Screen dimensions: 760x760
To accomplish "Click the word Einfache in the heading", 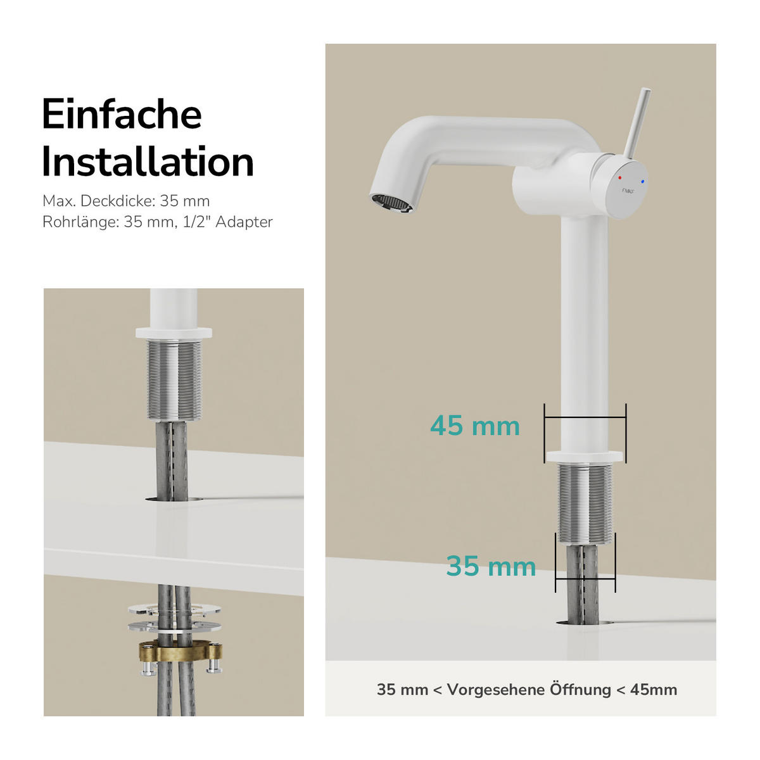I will coord(122,115).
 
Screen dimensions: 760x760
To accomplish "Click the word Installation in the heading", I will coord(148,162).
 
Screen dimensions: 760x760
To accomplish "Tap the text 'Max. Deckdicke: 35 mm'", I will coord(126,201).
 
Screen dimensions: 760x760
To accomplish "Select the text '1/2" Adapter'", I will coord(228,222).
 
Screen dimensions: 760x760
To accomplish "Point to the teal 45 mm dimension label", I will coord(475,426).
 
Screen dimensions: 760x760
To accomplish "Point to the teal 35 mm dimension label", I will coord(491,566).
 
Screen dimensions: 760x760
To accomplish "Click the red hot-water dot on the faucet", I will coord(619,178).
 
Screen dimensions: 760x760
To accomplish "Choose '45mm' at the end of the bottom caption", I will coord(654,690).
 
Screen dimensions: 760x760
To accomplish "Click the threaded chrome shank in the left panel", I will coord(174,380).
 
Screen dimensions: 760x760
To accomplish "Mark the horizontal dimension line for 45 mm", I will coord(585,417).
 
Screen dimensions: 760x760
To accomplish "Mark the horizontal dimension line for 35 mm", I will coord(585,578).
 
